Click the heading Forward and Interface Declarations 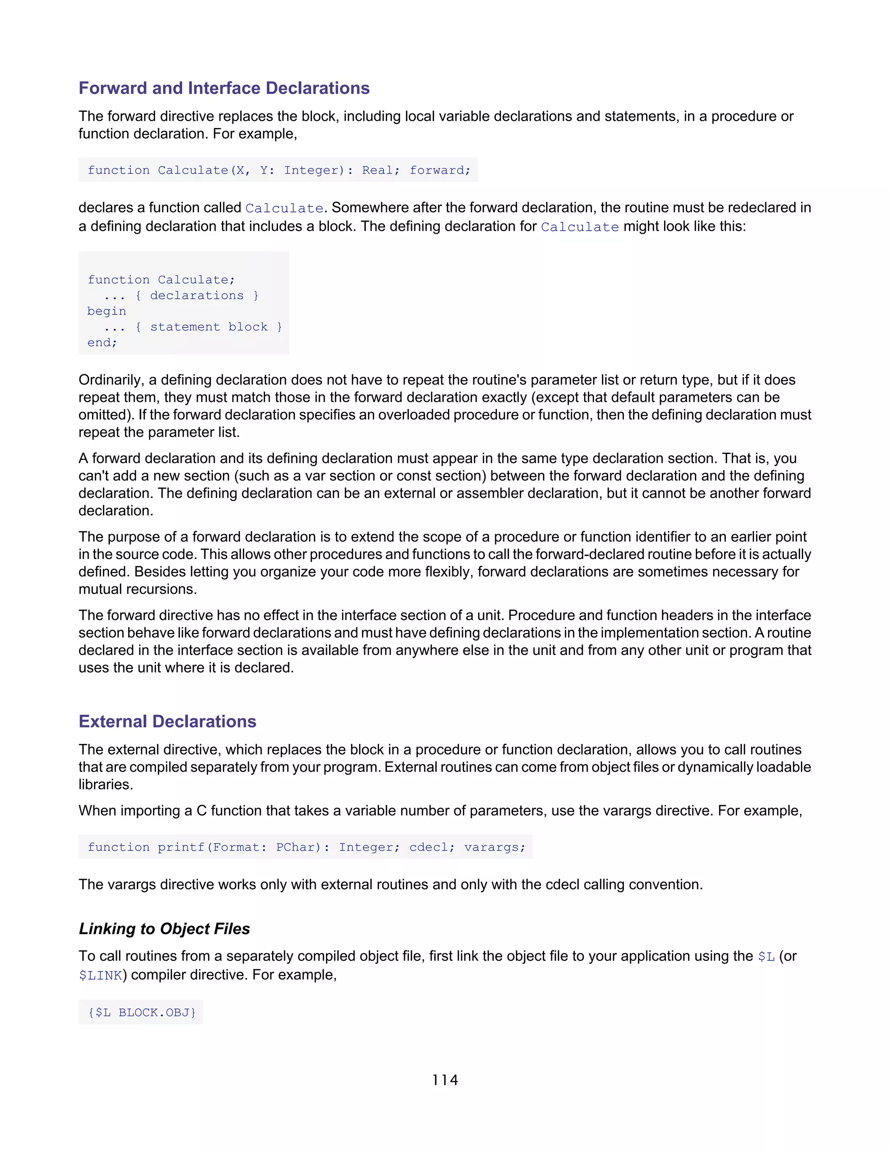click(x=224, y=88)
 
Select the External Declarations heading click(x=167, y=721)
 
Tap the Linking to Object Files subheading click(x=164, y=929)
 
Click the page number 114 click(x=445, y=1080)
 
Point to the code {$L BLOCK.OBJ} click(x=141, y=1012)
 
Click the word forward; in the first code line click(x=440, y=170)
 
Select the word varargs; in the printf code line click(x=495, y=847)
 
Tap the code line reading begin click(x=106, y=311)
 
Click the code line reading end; click(x=102, y=343)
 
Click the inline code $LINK click(x=100, y=976)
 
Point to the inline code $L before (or click(x=766, y=956)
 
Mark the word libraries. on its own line click(x=106, y=785)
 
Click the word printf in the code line click(x=181, y=847)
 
